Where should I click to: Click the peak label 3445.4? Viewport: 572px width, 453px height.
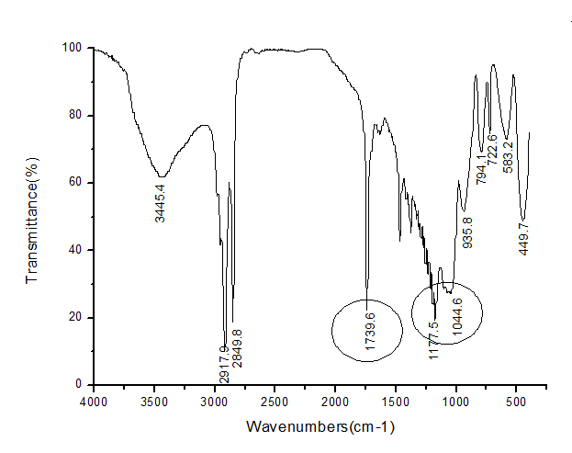point(161,203)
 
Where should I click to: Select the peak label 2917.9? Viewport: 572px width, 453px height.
point(224,364)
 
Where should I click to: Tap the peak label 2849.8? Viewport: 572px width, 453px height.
point(238,348)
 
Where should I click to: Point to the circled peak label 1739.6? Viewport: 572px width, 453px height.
point(371,332)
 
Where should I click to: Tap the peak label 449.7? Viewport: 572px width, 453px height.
point(523,236)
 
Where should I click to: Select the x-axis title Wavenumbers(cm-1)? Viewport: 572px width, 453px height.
point(320,427)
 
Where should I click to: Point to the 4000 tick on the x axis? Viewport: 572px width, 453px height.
point(94,402)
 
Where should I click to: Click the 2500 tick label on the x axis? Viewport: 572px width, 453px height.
point(275,402)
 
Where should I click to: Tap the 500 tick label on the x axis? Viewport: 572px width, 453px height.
point(516,402)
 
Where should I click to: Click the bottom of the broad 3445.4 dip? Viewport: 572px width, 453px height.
point(162,176)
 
